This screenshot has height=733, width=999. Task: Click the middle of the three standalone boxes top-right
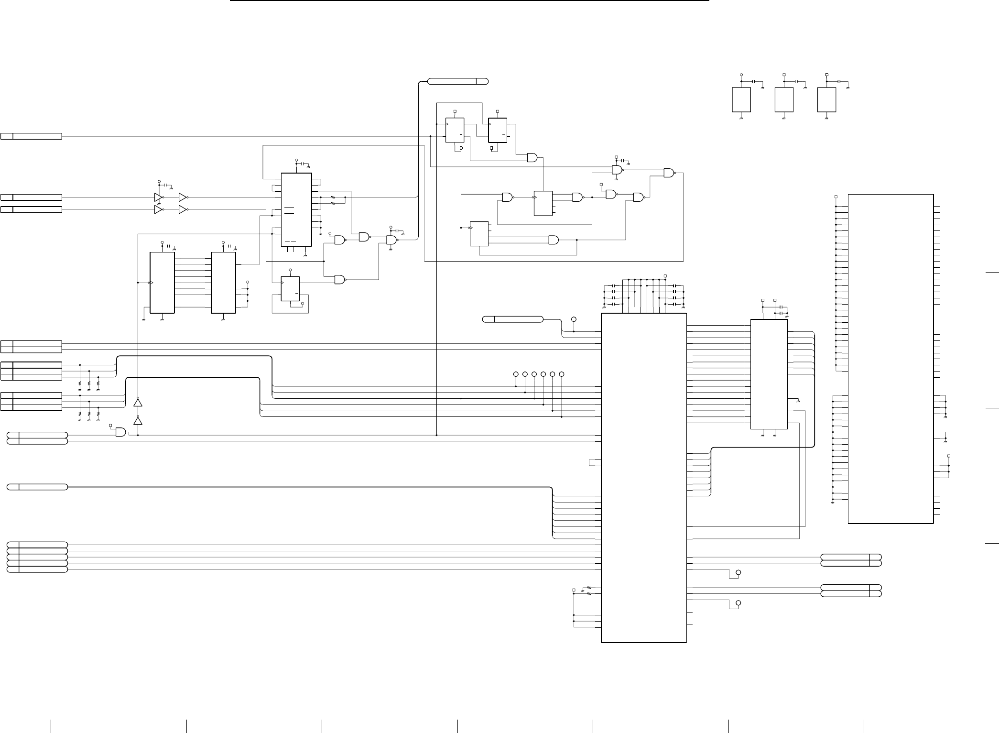point(784,99)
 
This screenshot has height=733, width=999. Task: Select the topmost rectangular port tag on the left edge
point(31,136)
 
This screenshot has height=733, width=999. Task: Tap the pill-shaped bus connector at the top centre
point(457,81)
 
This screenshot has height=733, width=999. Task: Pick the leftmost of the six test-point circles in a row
point(516,373)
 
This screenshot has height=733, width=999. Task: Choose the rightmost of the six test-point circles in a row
point(562,373)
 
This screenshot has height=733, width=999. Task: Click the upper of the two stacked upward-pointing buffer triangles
point(138,402)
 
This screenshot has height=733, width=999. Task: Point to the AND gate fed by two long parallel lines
point(554,240)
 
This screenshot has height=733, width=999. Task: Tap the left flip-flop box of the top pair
point(455,130)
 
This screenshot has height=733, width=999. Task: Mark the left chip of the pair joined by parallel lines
point(162,283)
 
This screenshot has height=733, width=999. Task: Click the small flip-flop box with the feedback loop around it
point(290,289)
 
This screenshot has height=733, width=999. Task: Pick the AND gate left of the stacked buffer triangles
point(120,432)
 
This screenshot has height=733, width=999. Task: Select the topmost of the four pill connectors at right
point(851,558)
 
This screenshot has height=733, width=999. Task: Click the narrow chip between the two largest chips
point(769,374)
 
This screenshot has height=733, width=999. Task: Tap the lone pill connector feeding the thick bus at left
point(37,487)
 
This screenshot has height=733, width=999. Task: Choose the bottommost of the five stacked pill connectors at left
point(37,569)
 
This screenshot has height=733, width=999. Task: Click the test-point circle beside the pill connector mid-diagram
point(574,319)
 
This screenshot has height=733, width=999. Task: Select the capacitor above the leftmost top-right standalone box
point(754,82)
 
